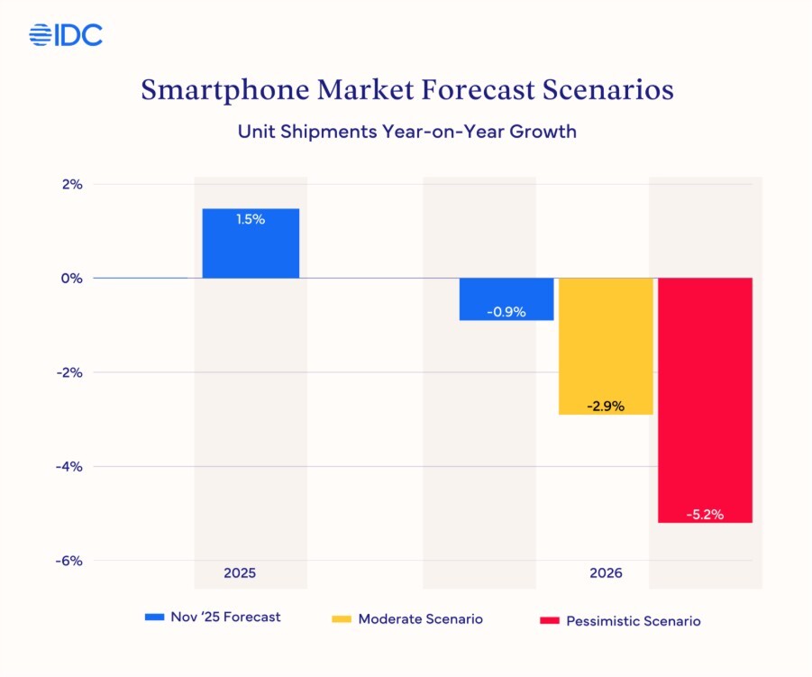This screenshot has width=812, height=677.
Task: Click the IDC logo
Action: pos(66,35)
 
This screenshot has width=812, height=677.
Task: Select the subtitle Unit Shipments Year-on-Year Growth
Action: pos(406,132)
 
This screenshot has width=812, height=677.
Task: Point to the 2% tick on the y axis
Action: pos(72,184)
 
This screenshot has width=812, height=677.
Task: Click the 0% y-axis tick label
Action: pos(72,279)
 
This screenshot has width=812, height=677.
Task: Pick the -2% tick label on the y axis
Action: pos(69,372)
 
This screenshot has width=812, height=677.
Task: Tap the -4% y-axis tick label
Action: pos(69,467)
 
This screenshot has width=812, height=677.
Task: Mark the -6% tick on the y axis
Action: pos(69,561)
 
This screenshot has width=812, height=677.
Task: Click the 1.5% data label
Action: pos(251,219)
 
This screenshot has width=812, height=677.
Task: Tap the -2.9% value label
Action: pos(606,407)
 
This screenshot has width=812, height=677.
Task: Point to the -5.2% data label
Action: pos(705,515)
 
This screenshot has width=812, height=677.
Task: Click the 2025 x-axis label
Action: pos(241,573)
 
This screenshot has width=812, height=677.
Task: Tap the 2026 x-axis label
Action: pos(606,573)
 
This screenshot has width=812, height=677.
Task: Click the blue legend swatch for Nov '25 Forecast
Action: pos(154,618)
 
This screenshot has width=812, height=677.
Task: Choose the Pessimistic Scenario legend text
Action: pos(634,621)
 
